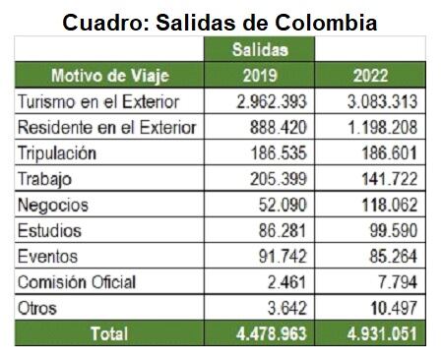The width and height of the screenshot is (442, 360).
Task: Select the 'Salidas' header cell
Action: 259,48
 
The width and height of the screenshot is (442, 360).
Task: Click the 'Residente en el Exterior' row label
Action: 106,128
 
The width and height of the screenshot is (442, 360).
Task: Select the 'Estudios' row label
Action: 51,230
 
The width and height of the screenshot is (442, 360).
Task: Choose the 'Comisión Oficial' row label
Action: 76,282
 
